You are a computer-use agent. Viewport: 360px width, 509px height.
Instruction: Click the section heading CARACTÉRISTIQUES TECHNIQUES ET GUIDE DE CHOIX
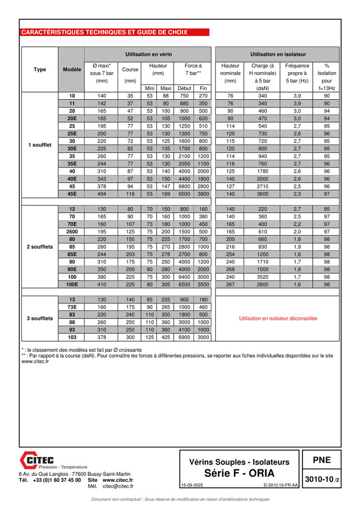point(104,32)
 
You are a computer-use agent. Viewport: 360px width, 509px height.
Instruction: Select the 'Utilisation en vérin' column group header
point(148,54)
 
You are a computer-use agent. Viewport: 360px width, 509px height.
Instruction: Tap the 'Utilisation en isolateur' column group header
point(278,54)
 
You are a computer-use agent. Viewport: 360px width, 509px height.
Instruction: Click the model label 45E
point(72,194)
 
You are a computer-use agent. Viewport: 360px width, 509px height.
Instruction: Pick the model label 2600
point(72,232)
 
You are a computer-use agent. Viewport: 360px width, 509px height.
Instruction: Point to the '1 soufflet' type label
point(40,145)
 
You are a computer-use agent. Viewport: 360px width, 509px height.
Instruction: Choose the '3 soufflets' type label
point(40,319)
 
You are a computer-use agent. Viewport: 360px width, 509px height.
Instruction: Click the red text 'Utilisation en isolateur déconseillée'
point(278,319)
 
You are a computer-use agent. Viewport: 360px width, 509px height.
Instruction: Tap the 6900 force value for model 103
point(184,337)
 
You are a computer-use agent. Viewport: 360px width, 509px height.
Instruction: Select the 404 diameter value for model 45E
point(101,194)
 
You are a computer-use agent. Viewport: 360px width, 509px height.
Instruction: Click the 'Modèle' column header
point(72,70)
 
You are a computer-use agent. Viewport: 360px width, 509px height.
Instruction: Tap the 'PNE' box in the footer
point(321,460)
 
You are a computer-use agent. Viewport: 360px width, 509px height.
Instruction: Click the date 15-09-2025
point(191,486)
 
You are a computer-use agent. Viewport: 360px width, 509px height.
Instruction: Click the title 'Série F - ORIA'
point(239,473)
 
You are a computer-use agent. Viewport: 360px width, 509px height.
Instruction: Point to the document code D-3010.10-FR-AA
point(281,486)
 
